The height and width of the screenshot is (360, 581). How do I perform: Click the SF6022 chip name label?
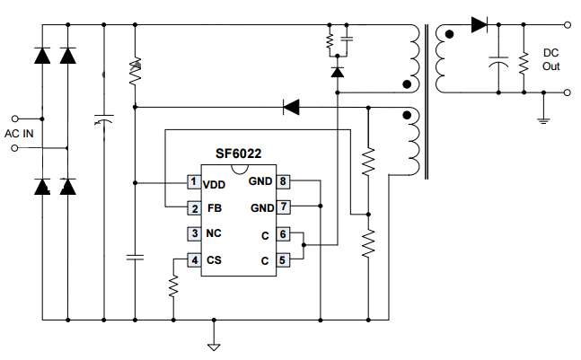(238, 154)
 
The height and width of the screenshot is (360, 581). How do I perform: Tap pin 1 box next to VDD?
(193, 183)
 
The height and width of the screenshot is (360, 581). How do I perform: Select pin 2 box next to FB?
(193, 208)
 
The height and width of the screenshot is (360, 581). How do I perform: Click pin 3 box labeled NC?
(193, 234)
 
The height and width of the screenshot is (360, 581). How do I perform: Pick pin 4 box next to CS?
(193, 260)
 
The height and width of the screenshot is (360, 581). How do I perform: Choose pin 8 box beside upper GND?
(283, 183)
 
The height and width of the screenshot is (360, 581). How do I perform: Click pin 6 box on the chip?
(283, 234)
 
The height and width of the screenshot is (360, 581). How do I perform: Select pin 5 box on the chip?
(283, 260)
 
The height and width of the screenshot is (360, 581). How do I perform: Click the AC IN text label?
(20, 133)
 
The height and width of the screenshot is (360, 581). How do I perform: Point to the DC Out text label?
(550, 59)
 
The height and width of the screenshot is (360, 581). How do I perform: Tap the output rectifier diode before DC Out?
(479, 24)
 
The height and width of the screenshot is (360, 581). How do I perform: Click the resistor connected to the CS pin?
(173, 285)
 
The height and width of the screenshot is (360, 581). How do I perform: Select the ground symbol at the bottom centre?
(214, 345)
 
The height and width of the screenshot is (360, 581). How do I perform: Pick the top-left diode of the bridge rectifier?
(41, 54)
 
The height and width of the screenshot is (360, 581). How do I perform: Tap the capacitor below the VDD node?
(134, 258)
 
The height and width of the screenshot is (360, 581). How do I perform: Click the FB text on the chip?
(214, 209)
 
